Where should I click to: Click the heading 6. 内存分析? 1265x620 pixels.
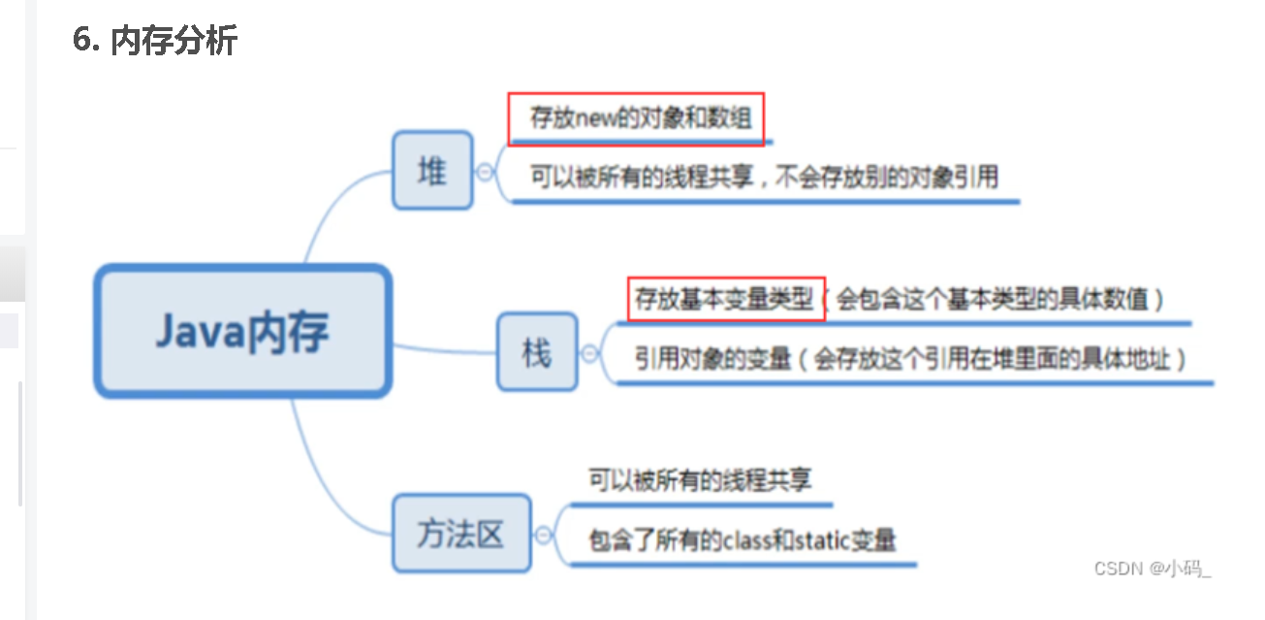[155, 41]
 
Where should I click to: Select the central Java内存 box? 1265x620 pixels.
[242, 332]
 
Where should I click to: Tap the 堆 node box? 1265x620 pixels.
[432, 171]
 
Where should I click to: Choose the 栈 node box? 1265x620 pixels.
[536, 352]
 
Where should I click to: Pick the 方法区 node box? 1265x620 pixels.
[461, 533]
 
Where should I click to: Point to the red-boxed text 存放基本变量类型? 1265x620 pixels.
[725, 299]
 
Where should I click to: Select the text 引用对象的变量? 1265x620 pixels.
[713, 358]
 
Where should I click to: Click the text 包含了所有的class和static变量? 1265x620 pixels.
[743, 539]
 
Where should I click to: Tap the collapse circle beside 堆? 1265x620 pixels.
[485, 172]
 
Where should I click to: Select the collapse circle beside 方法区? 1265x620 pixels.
[544, 534]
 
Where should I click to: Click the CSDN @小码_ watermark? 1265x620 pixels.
[1153, 569]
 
